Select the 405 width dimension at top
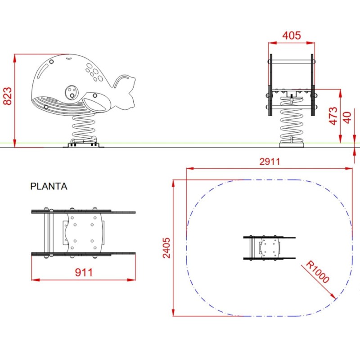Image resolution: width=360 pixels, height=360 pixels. (x=291, y=36)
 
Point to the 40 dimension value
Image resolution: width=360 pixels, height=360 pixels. (x=347, y=118)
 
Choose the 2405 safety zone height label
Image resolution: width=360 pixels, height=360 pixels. (x=167, y=247)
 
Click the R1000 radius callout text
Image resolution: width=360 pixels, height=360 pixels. (x=318, y=272)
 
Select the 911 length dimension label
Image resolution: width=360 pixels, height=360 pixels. (x=84, y=272)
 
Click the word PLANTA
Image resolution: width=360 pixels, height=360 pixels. (x=49, y=186)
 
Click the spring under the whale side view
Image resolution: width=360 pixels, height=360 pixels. (x=84, y=127)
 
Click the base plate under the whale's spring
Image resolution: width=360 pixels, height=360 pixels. (x=84, y=145)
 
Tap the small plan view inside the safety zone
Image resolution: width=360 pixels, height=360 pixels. (x=269, y=248)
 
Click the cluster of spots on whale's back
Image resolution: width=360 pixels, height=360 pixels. (x=94, y=72)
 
